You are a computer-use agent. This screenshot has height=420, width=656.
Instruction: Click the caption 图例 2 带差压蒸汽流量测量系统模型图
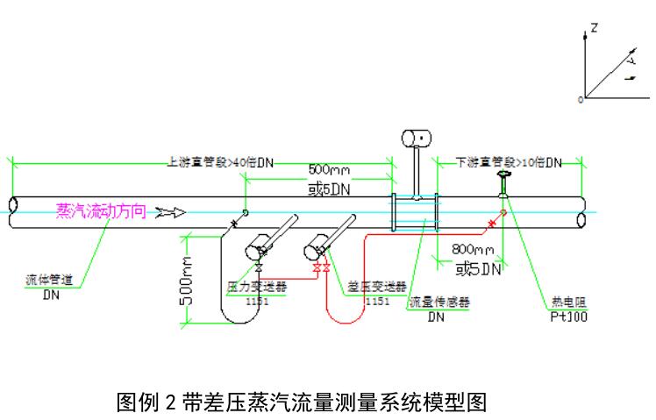point(301,402)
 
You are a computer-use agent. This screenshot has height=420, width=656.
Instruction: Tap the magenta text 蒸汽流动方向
point(99,210)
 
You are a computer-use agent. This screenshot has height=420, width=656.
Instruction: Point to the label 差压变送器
point(378,286)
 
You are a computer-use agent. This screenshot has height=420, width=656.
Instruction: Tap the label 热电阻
point(563,301)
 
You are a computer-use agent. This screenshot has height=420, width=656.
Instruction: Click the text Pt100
point(565,316)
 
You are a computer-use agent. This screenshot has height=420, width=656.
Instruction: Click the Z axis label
point(595,28)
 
